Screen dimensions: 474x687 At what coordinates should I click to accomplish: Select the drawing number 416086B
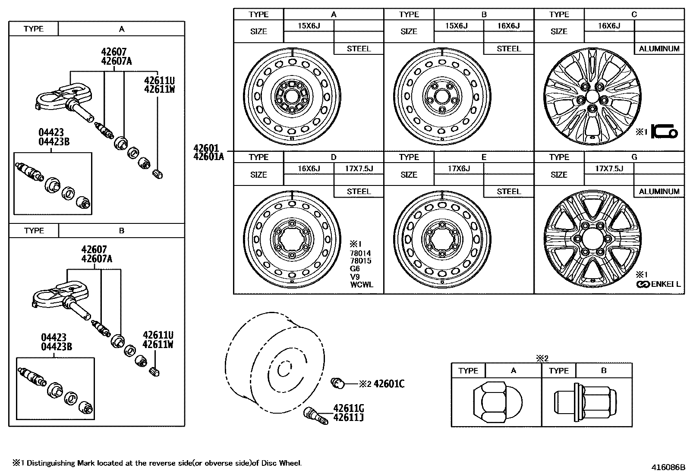(668, 467)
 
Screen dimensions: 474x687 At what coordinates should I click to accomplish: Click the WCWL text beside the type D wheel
(362, 285)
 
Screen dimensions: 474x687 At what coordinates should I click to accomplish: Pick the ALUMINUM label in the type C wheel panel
(659, 49)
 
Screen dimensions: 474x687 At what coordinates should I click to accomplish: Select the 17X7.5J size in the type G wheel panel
(609, 168)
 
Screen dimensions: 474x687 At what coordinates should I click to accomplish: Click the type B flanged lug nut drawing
(586, 402)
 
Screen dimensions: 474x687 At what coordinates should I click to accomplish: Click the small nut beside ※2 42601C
(337, 382)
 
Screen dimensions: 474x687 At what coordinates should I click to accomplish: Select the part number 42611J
(348, 417)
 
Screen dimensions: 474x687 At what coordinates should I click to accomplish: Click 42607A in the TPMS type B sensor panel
(97, 259)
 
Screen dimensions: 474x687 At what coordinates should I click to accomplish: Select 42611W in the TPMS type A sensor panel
(159, 90)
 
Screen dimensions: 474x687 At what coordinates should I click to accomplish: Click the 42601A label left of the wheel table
(209, 157)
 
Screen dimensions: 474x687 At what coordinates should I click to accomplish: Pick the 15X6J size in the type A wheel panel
(309, 25)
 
